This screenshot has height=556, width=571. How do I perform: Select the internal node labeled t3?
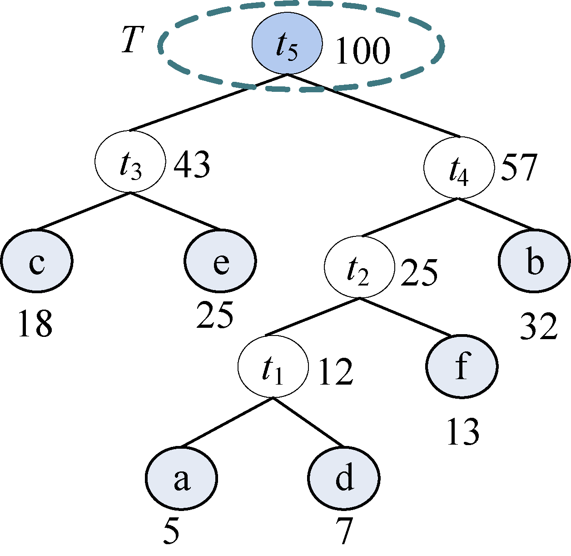click(x=130, y=162)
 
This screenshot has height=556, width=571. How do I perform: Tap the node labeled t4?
click(x=459, y=167)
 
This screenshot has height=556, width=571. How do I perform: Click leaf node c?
click(x=36, y=261)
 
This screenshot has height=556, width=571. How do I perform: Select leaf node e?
click(x=221, y=261)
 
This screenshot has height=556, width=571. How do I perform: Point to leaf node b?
click(x=534, y=261)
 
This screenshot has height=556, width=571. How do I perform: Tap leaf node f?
click(x=462, y=366)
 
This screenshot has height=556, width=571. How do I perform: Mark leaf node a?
click(x=182, y=478)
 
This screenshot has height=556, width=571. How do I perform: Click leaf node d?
click(x=344, y=478)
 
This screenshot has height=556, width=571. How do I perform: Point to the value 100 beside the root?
click(x=362, y=50)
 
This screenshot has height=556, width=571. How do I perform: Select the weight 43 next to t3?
click(x=192, y=164)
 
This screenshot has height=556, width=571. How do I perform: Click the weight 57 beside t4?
click(x=519, y=167)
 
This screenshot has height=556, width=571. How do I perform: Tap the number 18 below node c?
click(x=35, y=324)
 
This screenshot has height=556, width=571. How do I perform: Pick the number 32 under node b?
click(x=538, y=326)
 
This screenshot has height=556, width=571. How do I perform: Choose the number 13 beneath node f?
click(x=463, y=431)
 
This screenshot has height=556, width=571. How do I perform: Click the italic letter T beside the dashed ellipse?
click(x=133, y=40)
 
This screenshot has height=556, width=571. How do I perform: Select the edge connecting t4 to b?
click(x=495, y=214)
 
